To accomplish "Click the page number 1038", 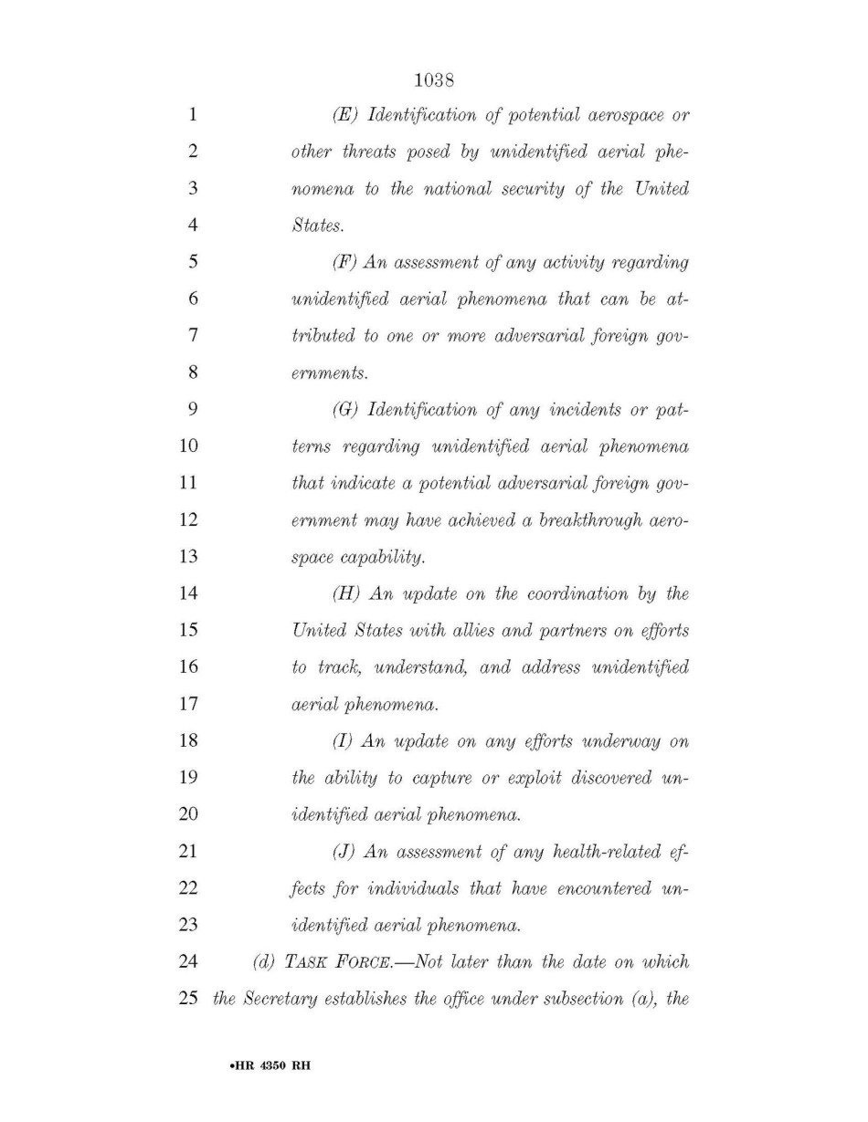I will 434,81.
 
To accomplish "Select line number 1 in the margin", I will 192,116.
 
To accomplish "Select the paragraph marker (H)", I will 347,593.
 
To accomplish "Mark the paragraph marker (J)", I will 344,851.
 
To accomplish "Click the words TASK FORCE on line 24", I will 333,961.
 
